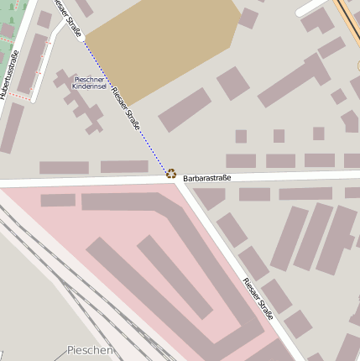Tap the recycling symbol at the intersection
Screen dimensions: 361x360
171,174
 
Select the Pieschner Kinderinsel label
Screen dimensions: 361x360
88,82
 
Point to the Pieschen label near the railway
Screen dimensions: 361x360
89,349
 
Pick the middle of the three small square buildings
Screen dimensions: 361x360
279,136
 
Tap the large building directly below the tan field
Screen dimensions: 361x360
184,109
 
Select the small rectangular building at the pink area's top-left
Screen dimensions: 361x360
58,201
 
